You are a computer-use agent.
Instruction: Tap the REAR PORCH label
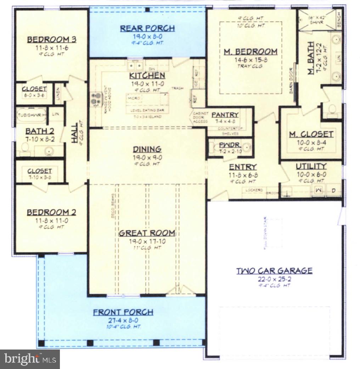click(x=147, y=28)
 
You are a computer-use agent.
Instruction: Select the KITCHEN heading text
click(x=147, y=75)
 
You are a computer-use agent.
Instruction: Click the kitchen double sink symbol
click(x=135, y=66)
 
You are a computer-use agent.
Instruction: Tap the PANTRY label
click(x=225, y=115)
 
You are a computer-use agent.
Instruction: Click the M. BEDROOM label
click(x=251, y=52)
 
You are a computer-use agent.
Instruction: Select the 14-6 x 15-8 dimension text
click(x=251, y=60)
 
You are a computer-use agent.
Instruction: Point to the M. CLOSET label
click(x=311, y=134)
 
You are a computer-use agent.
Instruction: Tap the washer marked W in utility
click(x=318, y=191)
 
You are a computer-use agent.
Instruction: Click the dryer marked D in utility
click(x=333, y=191)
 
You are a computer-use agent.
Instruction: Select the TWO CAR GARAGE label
click(x=274, y=271)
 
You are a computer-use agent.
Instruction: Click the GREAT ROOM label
click(x=147, y=233)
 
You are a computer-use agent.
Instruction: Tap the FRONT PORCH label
click(x=123, y=312)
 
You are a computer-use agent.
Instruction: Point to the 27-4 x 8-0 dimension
click(x=123, y=320)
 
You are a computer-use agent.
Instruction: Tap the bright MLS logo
click(x=30, y=359)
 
